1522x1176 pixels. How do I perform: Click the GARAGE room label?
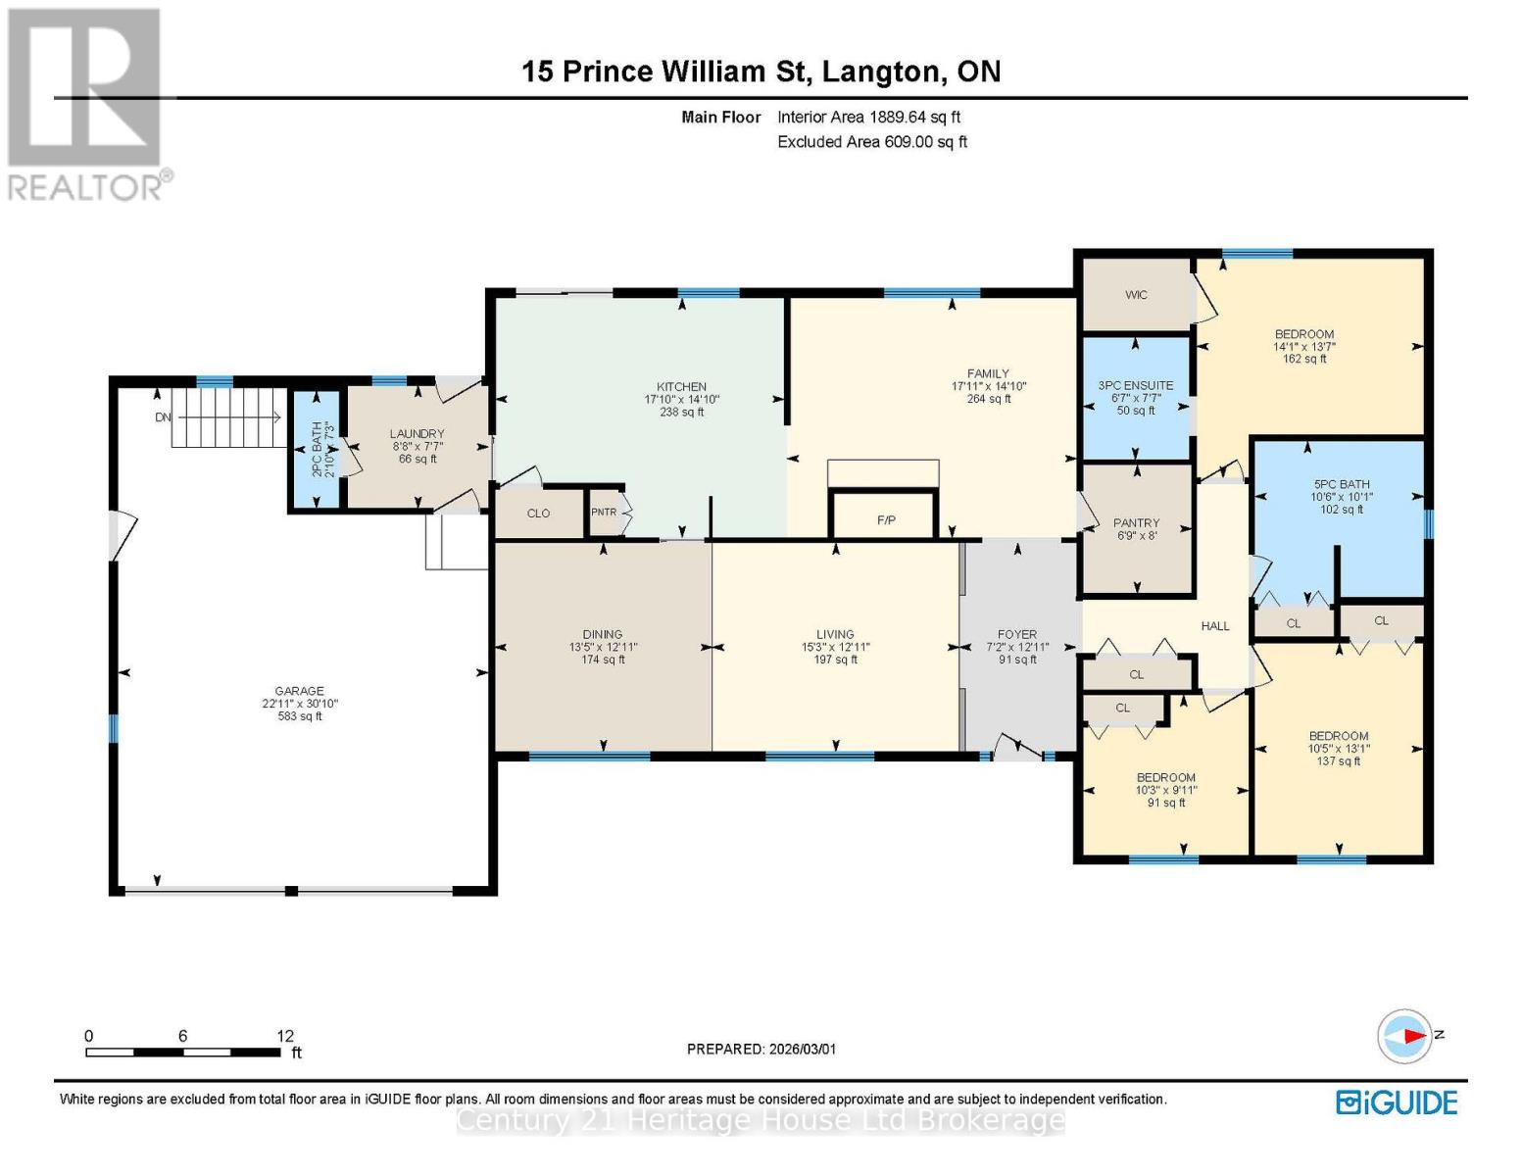[299, 691]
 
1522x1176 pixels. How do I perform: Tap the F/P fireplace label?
[886, 519]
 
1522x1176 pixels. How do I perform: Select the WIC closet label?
[1136, 295]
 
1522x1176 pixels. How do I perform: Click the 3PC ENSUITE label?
[1136, 385]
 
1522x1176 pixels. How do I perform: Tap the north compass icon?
[1405, 1035]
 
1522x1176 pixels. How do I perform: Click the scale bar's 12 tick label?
[285, 1036]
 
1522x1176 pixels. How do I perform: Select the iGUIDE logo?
[1397, 1102]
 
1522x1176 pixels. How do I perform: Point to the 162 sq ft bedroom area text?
[1304, 359]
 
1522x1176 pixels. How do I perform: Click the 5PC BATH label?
[1342, 484]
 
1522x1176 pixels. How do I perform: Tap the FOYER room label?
[1017, 634]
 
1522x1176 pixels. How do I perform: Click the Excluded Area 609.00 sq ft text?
[871, 142]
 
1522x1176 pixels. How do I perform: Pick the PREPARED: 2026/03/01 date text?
[761, 1049]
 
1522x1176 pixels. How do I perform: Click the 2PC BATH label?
[317, 450]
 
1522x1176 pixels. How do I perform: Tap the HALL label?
[1215, 626]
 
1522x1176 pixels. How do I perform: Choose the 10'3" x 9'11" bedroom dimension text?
[1166, 790]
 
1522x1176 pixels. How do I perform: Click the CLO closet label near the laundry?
[538, 514]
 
